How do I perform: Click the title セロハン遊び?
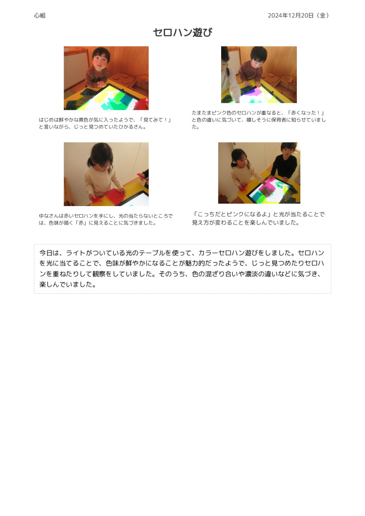click(x=182, y=32)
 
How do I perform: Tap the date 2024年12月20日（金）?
click(x=298, y=16)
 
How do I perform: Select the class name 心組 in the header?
click(x=40, y=16)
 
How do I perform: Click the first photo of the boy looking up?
click(x=106, y=78)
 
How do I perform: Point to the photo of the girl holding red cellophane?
click(x=106, y=174)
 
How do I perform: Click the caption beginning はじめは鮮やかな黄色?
click(x=105, y=123)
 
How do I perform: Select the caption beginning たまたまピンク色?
click(x=259, y=120)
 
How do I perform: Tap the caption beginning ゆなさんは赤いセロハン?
click(x=106, y=219)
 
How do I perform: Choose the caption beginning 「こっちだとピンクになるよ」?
click(x=259, y=218)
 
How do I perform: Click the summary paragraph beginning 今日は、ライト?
click(x=182, y=269)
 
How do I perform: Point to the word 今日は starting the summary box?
click(x=49, y=253)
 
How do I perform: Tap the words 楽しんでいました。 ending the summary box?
click(x=68, y=284)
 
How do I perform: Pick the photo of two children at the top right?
click(x=259, y=75)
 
